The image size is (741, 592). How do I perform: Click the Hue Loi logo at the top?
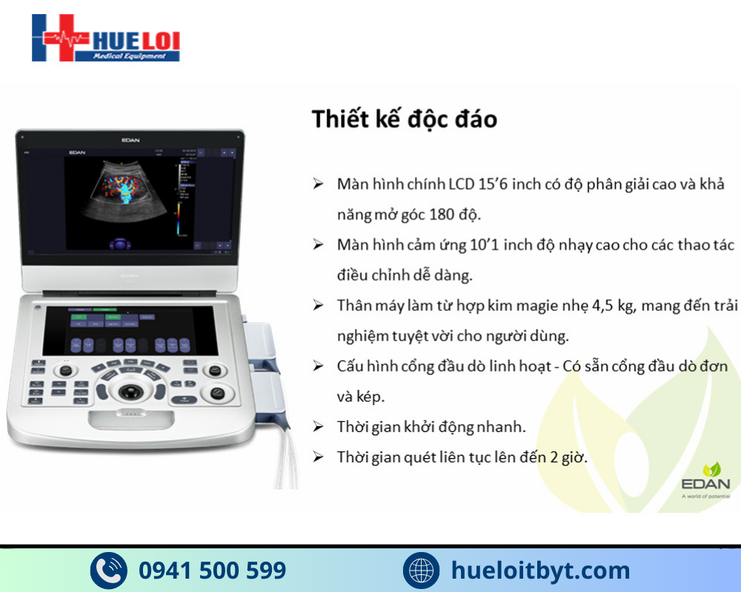[105, 38]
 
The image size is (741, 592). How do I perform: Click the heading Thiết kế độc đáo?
[404, 118]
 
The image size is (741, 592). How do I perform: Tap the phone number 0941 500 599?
[212, 570]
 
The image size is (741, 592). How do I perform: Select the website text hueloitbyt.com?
[540, 570]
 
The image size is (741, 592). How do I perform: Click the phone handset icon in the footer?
[109, 571]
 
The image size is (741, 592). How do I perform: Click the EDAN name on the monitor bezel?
[131, 138]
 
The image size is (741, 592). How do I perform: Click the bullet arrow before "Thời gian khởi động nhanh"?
[318, 427]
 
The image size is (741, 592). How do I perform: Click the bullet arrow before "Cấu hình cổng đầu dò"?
[318, 366]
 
